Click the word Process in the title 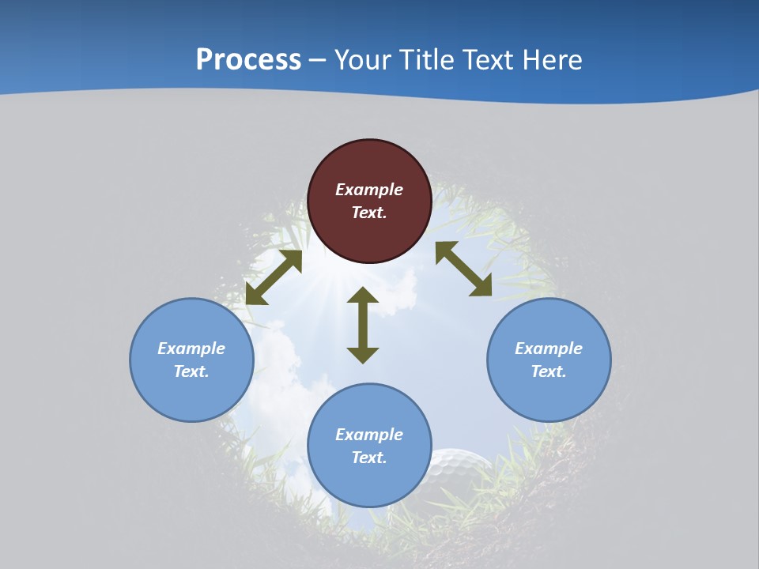click(x=248, y=60)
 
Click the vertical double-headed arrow click(x=363, y=326)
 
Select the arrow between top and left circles click(x=274, y=277)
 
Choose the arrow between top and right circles click(x=463, y=269)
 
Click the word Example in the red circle click(x=369, y=190)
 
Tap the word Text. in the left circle click(x=191, y=371)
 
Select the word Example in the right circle click(x=549, y=349)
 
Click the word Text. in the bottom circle click(x=369, y=458)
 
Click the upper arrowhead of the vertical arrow click(x=363, y=296)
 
